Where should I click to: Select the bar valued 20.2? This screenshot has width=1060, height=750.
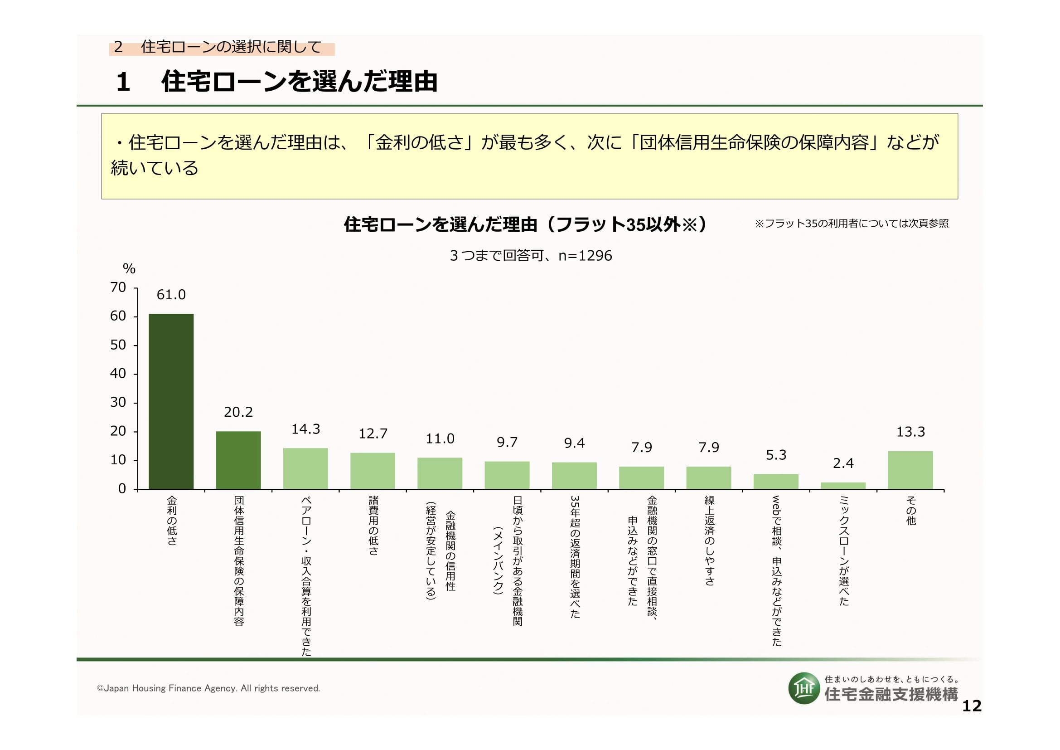[238, 460]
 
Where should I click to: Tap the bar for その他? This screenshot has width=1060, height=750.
[910, 470]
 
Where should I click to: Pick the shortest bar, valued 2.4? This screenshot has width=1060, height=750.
[843, 486]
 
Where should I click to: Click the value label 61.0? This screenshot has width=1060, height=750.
[171, 295]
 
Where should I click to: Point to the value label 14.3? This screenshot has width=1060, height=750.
[305, 429]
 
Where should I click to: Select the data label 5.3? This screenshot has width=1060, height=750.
[775, 455]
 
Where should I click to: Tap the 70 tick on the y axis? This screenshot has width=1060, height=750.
[118, 288]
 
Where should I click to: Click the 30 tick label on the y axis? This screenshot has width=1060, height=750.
[118, 403]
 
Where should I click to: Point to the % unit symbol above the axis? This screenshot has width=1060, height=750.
[129, 269]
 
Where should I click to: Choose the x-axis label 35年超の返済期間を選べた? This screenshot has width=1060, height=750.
[575, 556]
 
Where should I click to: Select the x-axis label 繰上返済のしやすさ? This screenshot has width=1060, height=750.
[709, 541]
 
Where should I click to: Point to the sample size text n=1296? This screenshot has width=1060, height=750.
[585, 256]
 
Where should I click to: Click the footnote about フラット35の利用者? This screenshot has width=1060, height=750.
[852, 224]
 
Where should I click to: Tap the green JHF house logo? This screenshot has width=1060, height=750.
[804, 688]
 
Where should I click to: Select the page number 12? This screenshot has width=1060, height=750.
[971, 706]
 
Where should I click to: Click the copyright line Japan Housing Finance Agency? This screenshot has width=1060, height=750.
[208, 689]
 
